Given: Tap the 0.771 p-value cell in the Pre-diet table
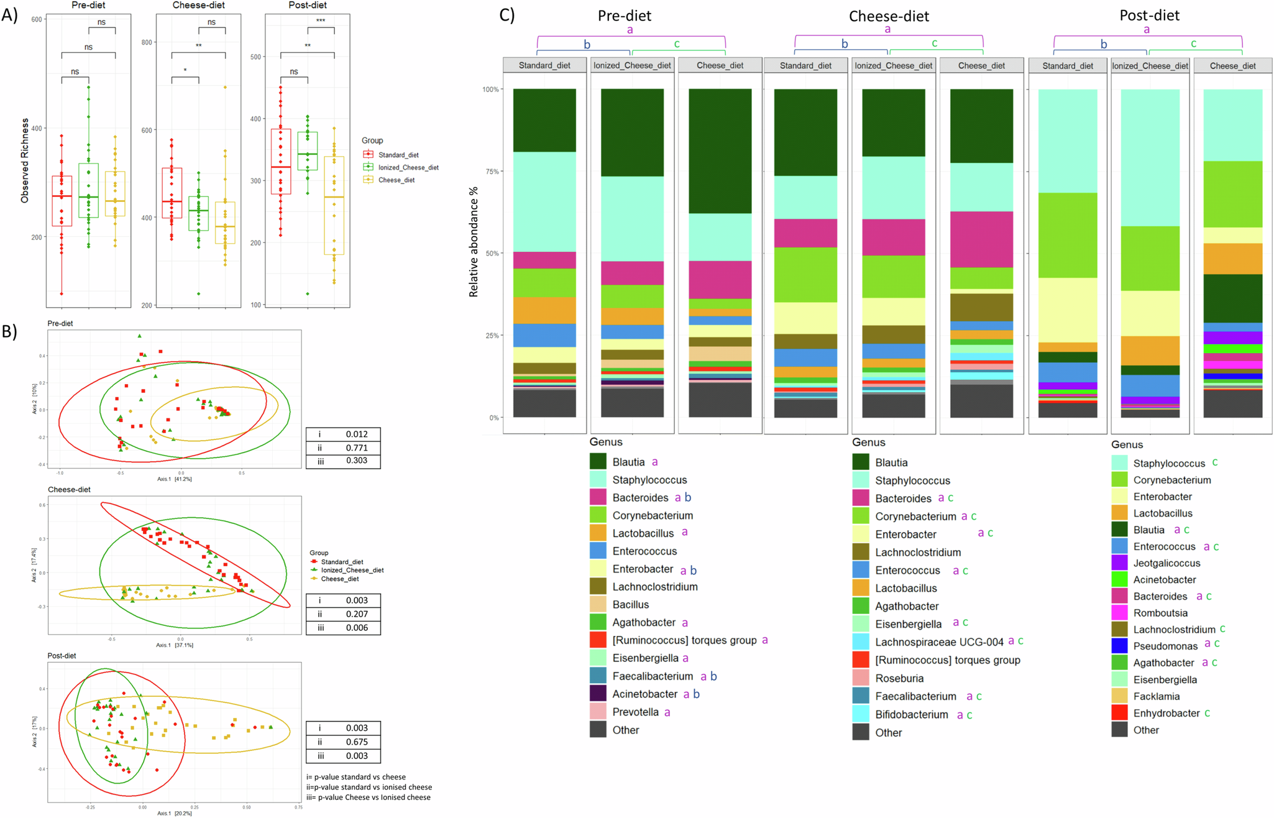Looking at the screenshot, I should [x=356, y=448].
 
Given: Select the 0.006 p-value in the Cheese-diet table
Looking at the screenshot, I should [x=356, y=628].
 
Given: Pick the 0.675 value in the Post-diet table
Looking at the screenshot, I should [x=356, y=742].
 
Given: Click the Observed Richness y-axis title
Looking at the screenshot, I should [x=25, y=160].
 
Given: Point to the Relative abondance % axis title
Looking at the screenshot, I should [x=474, y=242].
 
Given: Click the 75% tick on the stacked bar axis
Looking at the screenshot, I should [x=490, y=172].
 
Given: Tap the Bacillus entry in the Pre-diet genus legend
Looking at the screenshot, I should [x=630, y=605].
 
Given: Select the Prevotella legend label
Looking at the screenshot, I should [x=635, y=712].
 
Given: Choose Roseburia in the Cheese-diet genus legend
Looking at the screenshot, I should [x=899, y=679].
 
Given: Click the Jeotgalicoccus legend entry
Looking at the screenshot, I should [x=1166, y=563].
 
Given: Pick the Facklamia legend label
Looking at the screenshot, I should [x=1156, y=697].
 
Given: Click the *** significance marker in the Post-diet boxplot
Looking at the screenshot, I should [x=321, y=21].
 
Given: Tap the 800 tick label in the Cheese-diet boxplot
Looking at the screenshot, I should [x=147, y=43].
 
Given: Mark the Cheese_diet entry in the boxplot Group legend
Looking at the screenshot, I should [x=396, y=180].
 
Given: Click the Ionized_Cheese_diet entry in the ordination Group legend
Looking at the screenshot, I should [x=352, y=570].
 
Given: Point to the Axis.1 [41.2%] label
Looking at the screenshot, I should [x=174, y=479].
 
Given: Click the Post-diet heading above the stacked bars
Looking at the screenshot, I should [x=1149, y=16].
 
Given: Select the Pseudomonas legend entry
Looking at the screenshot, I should [x=1165, y=646].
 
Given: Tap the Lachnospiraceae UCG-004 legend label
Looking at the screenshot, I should [x=939, y=642].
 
